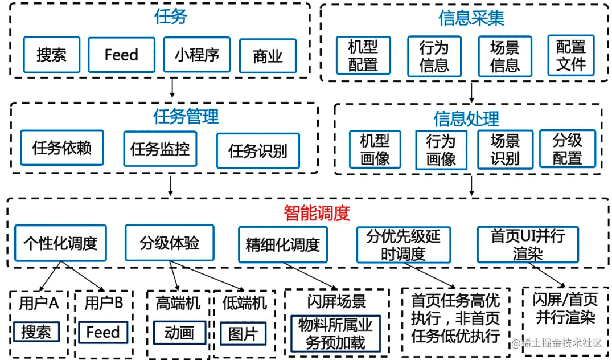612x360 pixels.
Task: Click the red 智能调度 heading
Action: (317, 213)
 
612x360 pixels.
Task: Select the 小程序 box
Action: (197, 55)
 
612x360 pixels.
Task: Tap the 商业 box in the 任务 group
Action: (268, 56)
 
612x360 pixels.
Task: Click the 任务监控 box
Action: (160, 149)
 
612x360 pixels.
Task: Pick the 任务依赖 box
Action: (62, 148)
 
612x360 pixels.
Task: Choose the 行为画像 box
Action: (441, 150)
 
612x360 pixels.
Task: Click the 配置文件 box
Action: (571, 55)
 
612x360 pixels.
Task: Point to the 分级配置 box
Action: (568, 149)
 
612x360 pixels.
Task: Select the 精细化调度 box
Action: (283, 244)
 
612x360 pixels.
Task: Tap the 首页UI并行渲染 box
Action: (528, 244)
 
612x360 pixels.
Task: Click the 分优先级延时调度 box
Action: (404, 244)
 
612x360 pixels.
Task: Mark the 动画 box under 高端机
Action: (179, 333)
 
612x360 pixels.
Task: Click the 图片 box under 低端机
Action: (243, 333)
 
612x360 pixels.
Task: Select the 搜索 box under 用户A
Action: (36, 332)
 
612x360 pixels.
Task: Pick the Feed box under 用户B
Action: (103, 332)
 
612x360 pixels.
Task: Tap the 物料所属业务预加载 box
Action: (336, 334)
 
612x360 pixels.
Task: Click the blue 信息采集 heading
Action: (471, 18)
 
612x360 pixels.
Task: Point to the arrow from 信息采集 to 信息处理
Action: (471, 92)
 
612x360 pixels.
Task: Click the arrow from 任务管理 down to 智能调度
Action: (170, 185)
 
